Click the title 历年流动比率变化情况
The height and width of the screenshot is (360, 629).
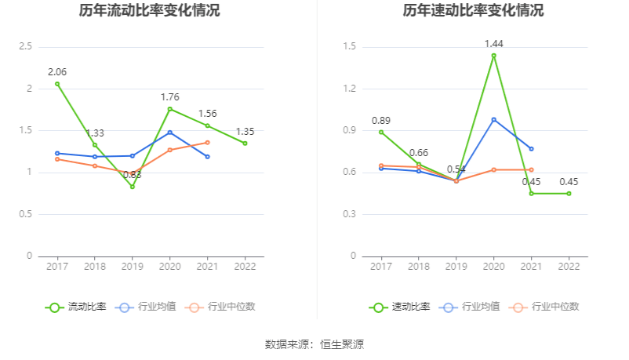click(149, 11)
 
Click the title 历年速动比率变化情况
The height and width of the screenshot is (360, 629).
click(473, 11)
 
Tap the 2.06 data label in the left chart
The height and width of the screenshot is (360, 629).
click(57, 72)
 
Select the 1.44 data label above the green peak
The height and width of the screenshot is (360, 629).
click(493, 44)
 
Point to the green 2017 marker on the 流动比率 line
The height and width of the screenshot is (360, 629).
click(57, 84)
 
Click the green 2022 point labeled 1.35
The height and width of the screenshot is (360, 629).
click(245, 143)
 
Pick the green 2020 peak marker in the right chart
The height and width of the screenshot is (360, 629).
click(493, 56)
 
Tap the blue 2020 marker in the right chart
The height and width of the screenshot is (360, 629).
click(493, 119)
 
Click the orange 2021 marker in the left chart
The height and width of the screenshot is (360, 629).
click(207, 142)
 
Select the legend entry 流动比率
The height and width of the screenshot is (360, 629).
click(76, 307)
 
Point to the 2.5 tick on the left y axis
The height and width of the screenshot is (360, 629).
click(24, 47)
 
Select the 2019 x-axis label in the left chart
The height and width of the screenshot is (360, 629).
click(132, 267)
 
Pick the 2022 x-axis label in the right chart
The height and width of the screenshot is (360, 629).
click(569, 267)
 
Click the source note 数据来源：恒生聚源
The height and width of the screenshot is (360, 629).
click(314, 344)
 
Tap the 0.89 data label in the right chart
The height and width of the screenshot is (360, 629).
click(381, 121)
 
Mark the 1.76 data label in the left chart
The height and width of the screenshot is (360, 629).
click(170, 97)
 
